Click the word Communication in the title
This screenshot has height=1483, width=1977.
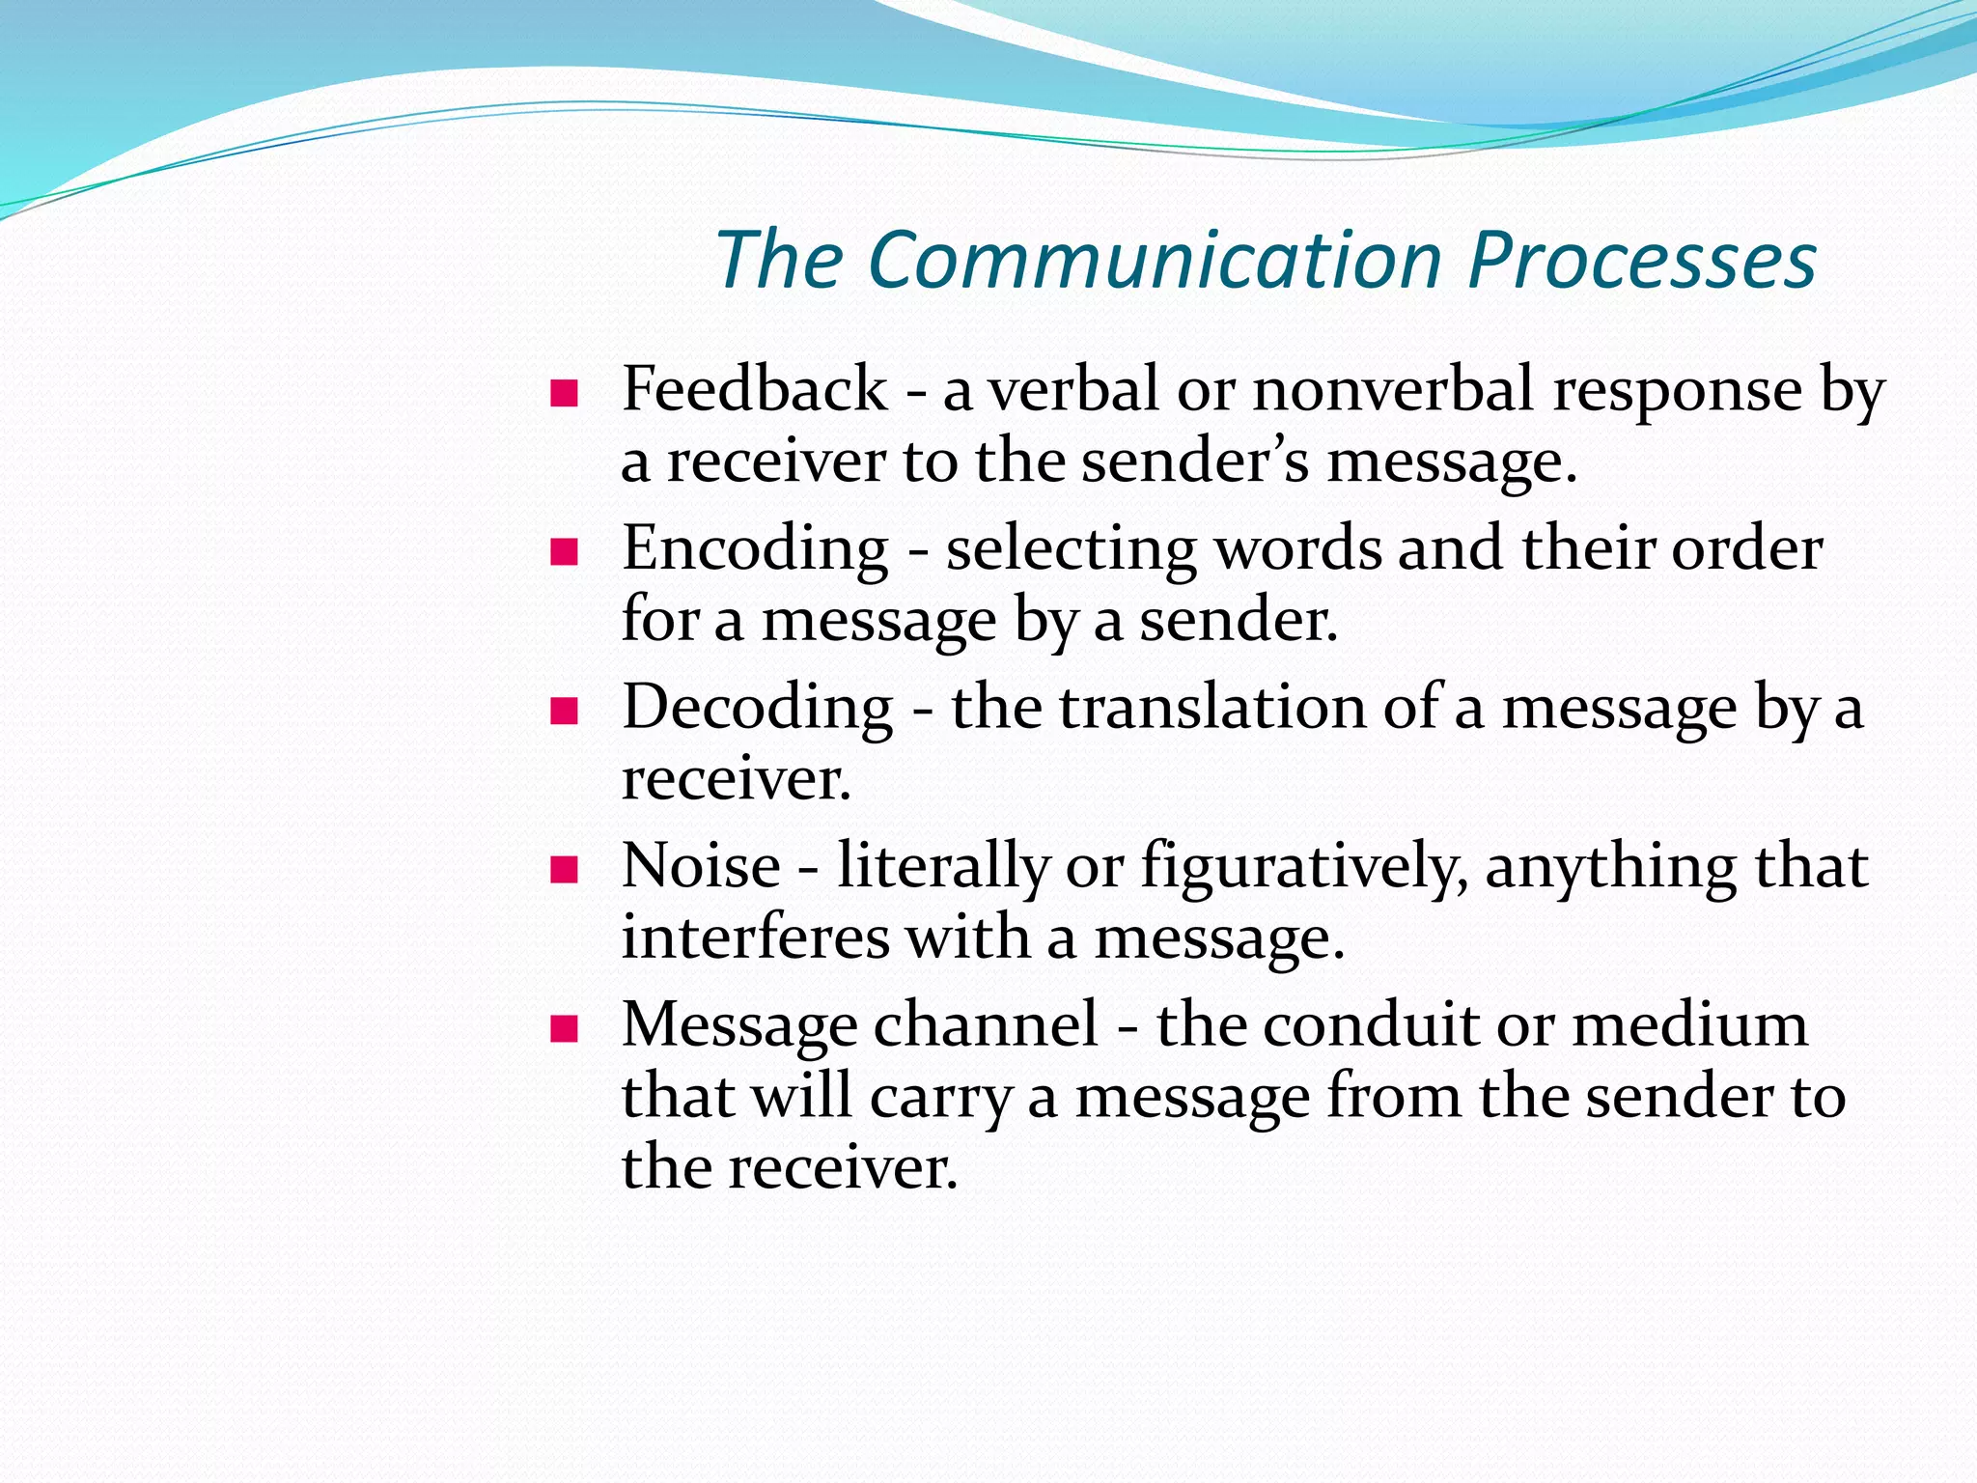1155,261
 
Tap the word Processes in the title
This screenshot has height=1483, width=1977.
1641,261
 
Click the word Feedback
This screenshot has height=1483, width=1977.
754,390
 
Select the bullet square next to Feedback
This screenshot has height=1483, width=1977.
564,394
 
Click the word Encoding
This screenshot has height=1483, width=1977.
755,550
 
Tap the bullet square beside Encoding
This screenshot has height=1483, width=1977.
564,552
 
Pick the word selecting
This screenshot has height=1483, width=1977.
1070,550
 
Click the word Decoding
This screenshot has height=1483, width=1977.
758,709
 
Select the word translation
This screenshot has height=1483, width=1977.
1212,708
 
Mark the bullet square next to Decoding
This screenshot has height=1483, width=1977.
564,712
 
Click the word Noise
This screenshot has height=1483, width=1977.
701,866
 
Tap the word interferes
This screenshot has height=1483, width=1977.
755,937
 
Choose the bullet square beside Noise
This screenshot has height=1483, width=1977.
564,871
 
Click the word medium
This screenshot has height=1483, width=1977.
1689,1024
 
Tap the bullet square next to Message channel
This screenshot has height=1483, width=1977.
564,1029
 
